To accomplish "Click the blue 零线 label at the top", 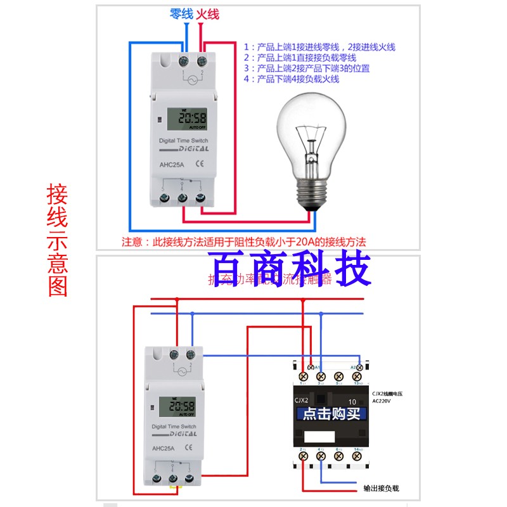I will pyautogui.click(x=181, y=14).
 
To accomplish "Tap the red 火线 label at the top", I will pyautogui.click(x=209, y=14).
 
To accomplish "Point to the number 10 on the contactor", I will pyautogui.click(x=352, y=401).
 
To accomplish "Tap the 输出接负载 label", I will pyautogui.click(x=382, y=489).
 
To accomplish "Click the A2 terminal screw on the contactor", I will pyautogui.click(x=359, y=367).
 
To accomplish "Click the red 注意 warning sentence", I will pyautogui.click(x=244, y=242).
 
